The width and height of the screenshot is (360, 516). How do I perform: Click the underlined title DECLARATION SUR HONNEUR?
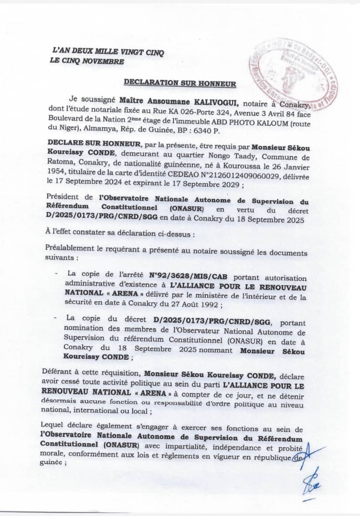click(x=180, y=83)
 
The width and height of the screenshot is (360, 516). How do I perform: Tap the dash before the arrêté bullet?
click(x=57, y=273)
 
